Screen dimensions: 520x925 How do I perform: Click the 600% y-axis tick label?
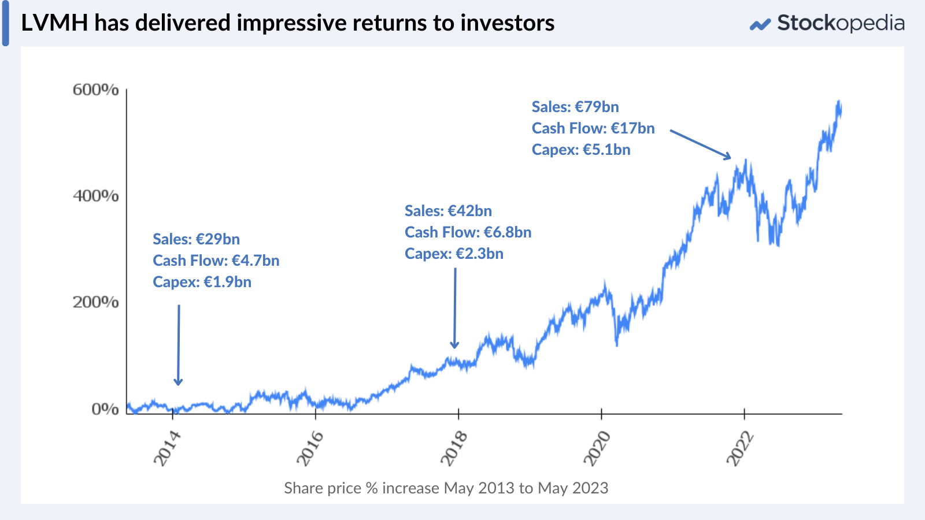95,90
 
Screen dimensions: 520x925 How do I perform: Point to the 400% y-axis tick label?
95,196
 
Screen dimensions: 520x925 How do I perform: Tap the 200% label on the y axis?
95,302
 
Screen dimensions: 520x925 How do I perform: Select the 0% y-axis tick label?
105,409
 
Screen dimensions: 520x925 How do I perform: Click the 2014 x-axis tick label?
167,448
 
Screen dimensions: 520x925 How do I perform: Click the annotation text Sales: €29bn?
196,239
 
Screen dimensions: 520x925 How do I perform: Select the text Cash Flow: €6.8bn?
468,232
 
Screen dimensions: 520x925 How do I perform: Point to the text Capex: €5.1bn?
581,150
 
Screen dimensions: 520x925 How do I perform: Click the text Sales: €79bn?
575,107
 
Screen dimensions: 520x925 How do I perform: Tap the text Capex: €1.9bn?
202,282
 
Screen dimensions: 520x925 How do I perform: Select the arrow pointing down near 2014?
179,344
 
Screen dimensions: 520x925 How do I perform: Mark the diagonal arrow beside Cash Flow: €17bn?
700,144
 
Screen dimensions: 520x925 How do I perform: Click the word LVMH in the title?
54,23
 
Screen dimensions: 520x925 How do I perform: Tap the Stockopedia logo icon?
760,24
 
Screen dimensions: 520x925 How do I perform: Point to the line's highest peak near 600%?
839,102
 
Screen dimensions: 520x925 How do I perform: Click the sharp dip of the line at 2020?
617,345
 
